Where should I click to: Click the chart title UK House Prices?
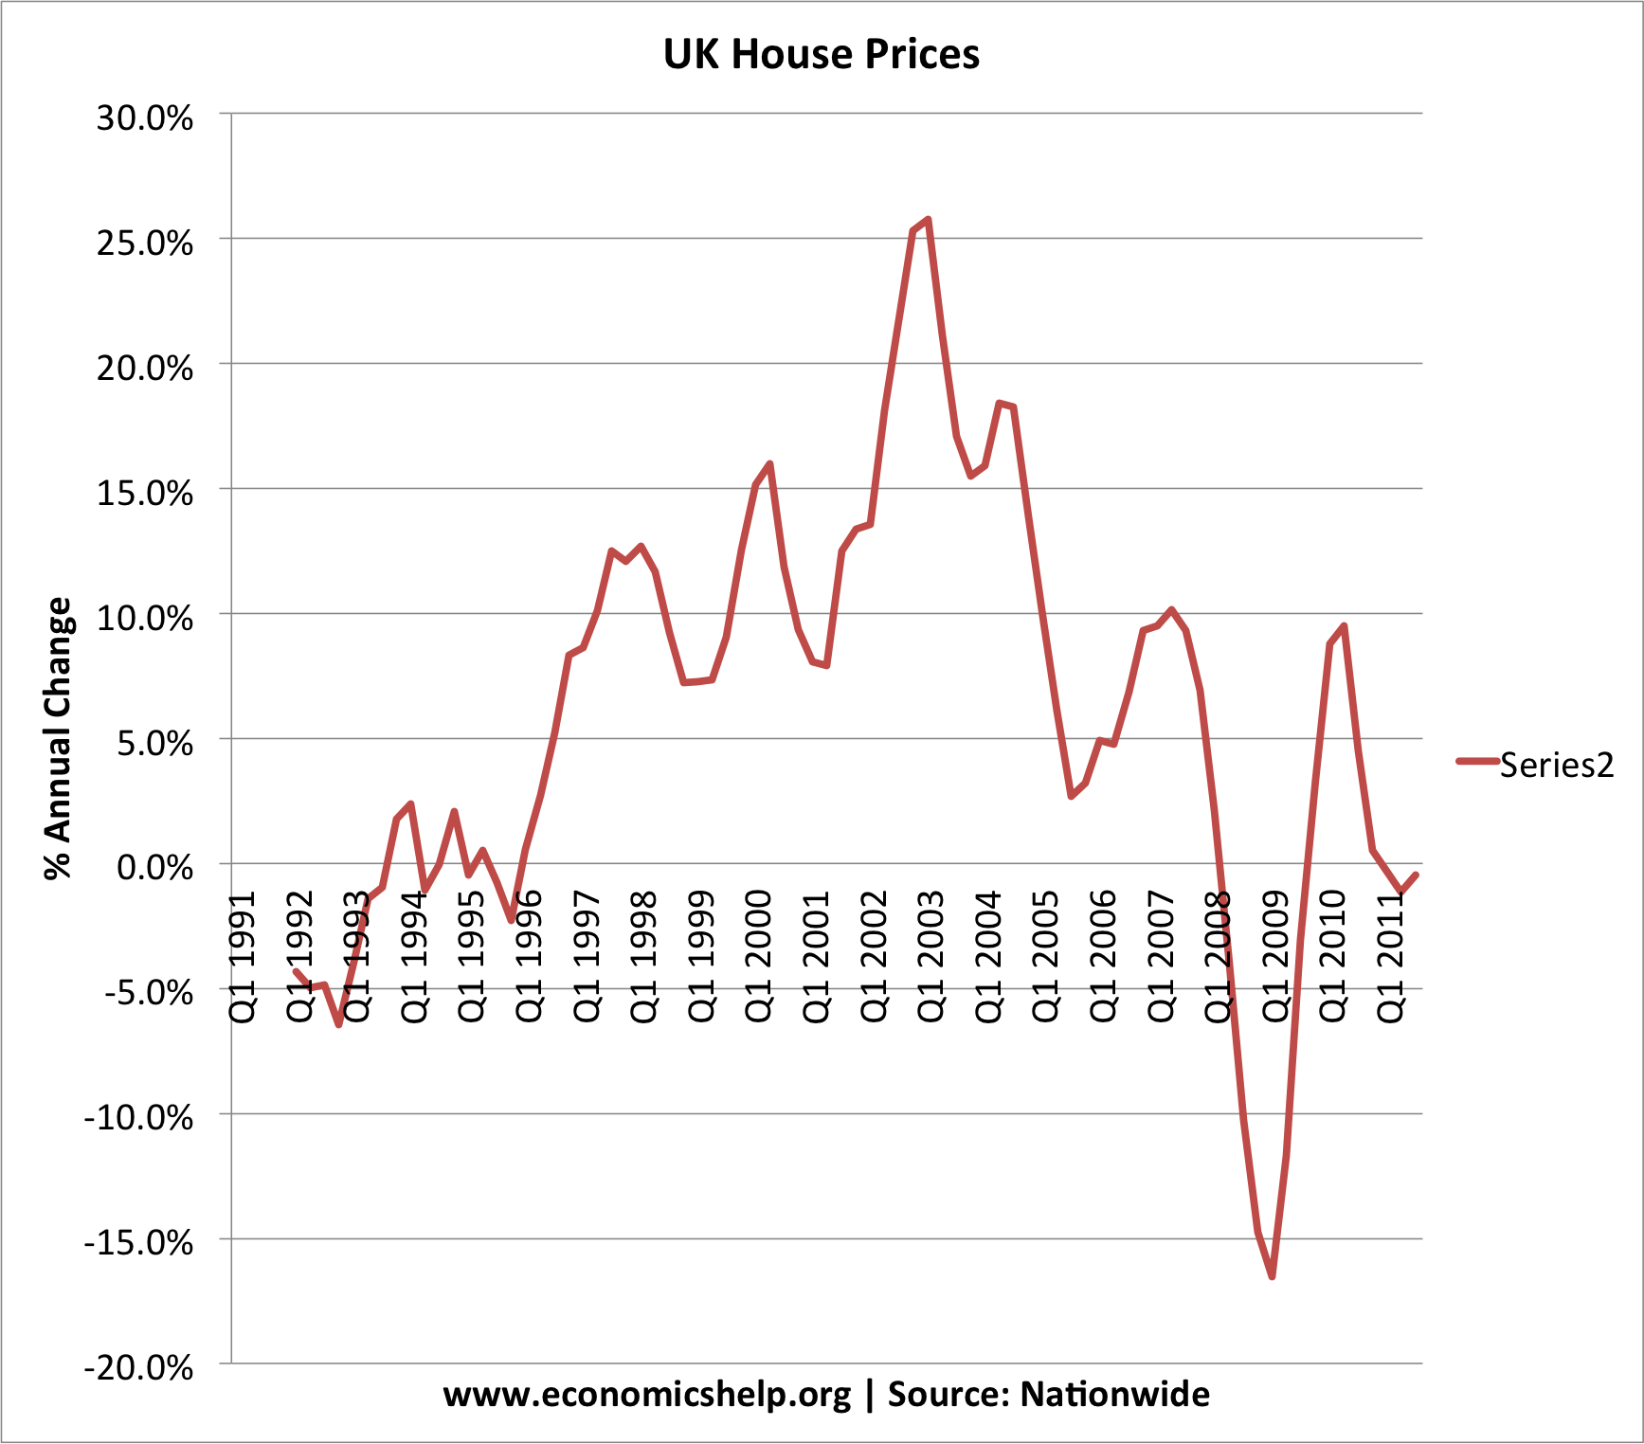pos(821,54)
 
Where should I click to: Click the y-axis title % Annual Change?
pos(59,738)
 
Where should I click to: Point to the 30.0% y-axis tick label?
pos(145,118)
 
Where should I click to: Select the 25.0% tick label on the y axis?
pos(145,244)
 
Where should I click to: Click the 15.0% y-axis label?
pos(145,494)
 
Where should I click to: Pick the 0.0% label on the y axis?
pos(154,867)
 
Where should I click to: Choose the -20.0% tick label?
pos(138,1368)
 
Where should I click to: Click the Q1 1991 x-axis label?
pos(244,957)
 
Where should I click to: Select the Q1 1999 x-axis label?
pos(701,957)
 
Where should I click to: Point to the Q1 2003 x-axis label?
pos(930,957)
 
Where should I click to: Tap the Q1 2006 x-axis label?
pos(1103,957)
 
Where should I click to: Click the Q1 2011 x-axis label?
pos(1390,957)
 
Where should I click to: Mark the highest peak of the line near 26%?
pos(928,220)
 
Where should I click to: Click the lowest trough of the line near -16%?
pos(1272,1276)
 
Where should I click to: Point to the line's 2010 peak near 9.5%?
pos(1344,626)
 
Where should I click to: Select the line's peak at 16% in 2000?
pos(769,464)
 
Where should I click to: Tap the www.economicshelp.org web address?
pos(647,1395)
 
